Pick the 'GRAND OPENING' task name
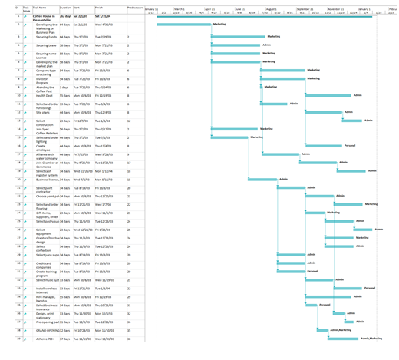click(47, 330)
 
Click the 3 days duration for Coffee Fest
click(64, 88)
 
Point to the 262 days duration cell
click(65, 15)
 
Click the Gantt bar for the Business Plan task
click(184, 25)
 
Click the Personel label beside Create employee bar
click(350, 145)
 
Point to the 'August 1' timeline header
click(271, 8)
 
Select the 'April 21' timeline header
click(209, 8)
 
